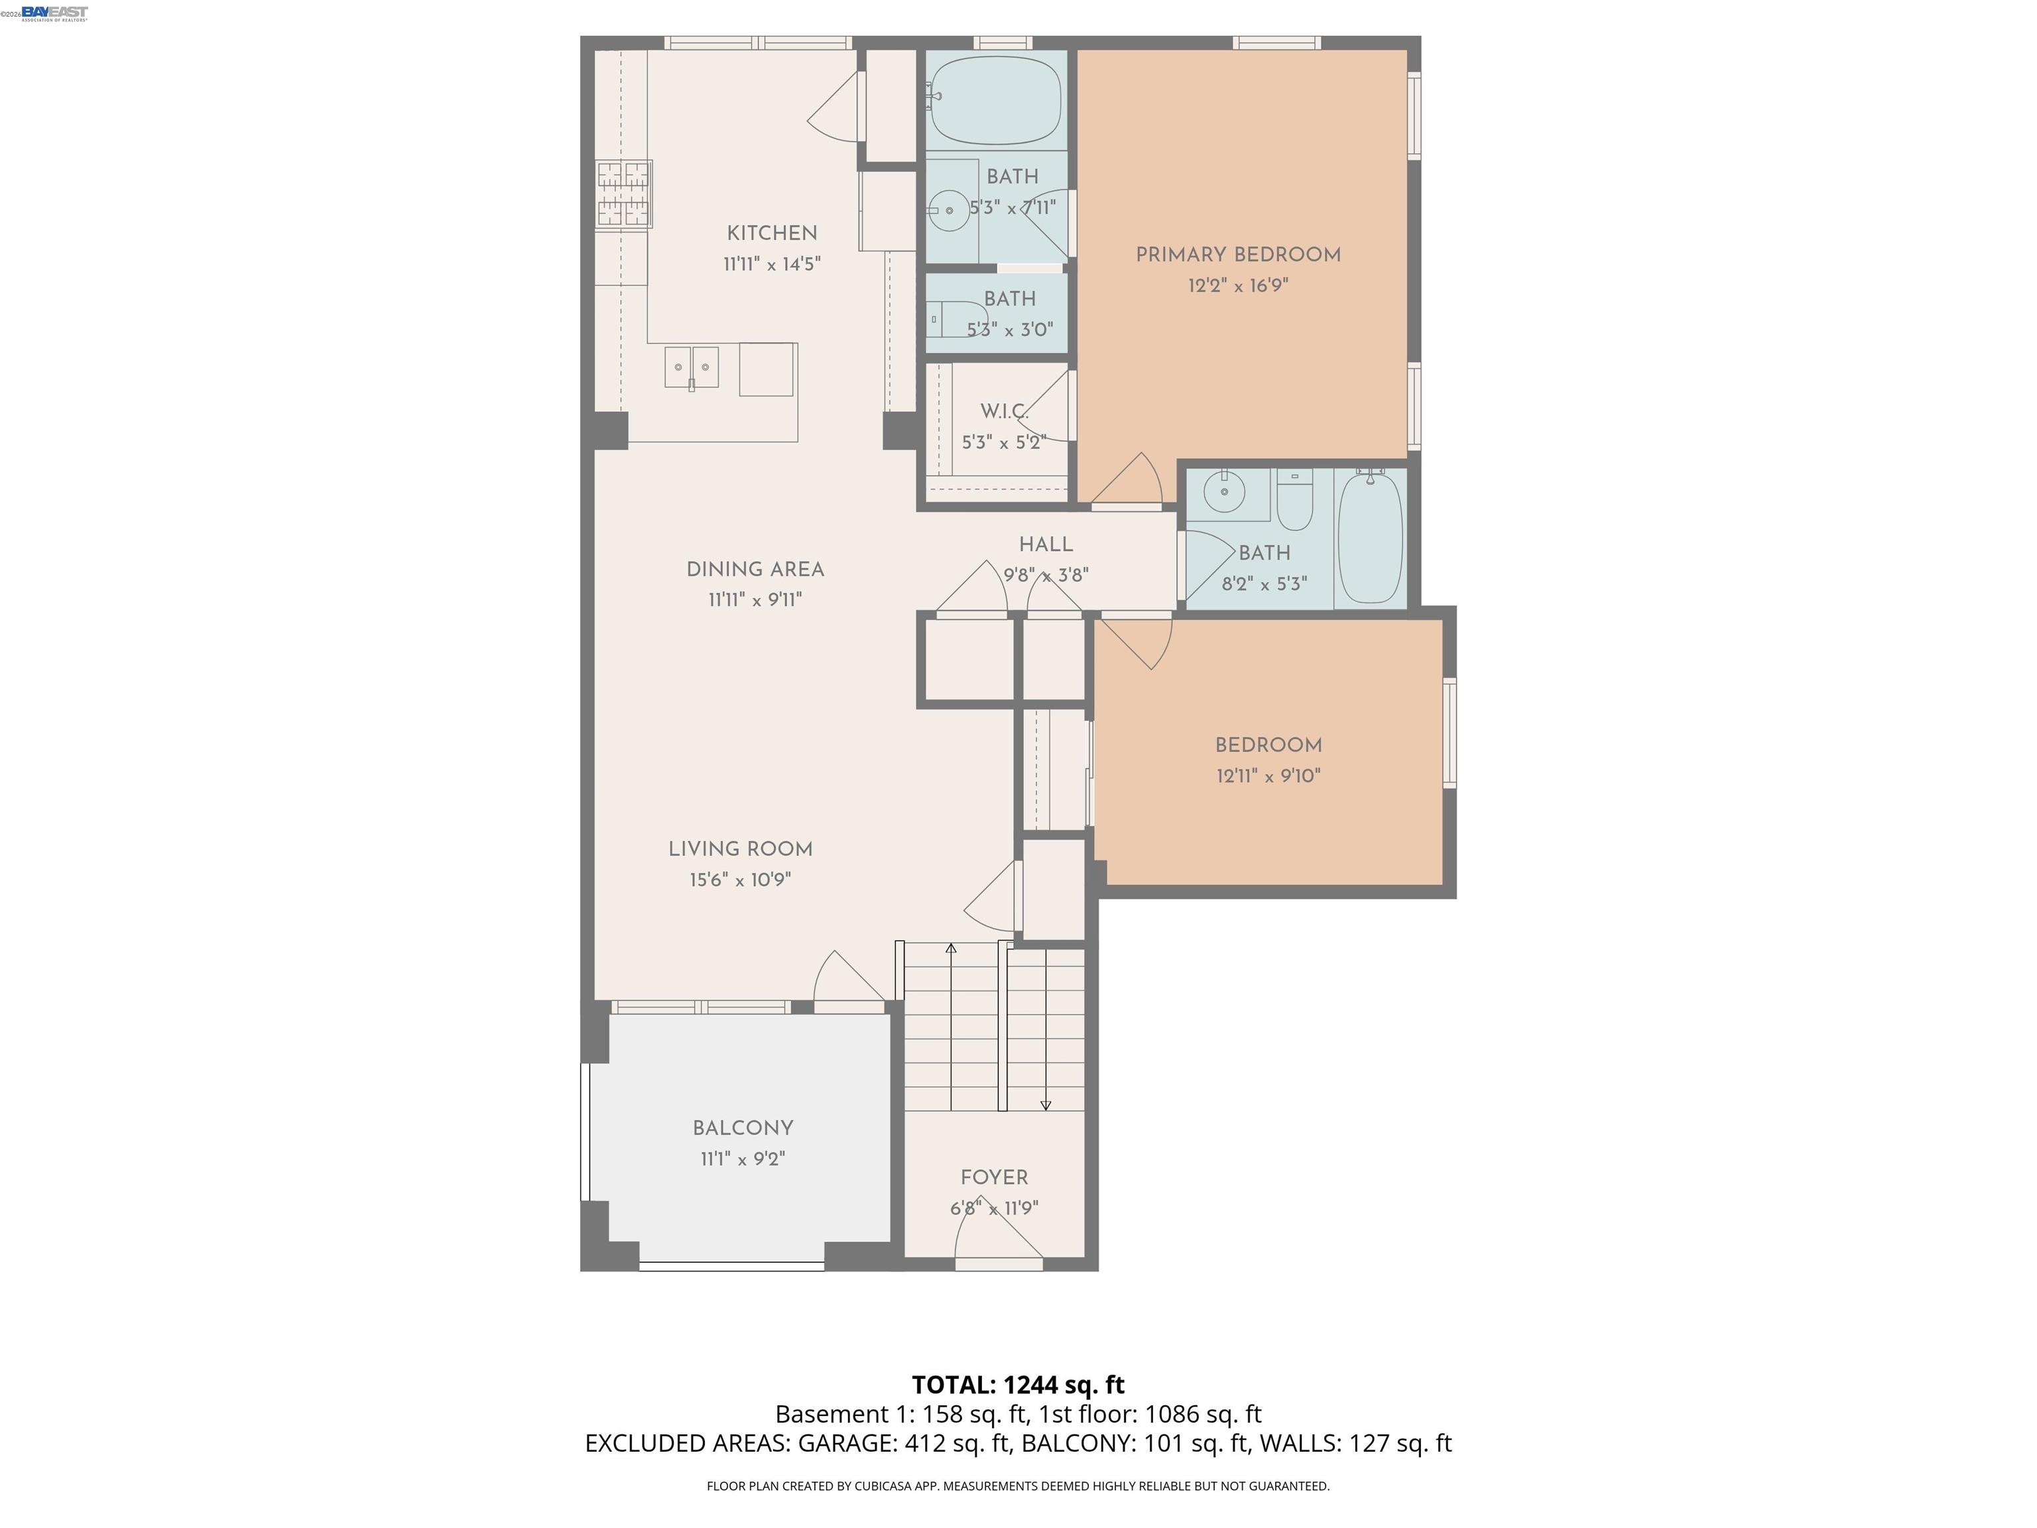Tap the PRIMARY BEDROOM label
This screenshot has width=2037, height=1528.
click(x=1238, y=255)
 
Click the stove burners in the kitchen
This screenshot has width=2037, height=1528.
click(x=625, y=194)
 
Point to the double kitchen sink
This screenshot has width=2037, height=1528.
click(x=692, y=367)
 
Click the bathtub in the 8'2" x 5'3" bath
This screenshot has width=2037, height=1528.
click(x=1371, y=538)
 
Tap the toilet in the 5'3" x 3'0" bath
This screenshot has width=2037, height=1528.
click(x=953, y=319)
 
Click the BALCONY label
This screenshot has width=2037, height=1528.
click(x=742, y=1128)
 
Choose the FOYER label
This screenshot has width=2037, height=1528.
click(x=994, y=1177)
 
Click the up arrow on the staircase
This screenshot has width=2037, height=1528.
click(x=952, y=948)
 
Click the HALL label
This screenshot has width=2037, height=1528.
click(x=1045, y=544)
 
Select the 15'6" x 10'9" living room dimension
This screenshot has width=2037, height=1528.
click(x=741, y=879)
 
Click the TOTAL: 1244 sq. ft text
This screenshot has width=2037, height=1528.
click(x=1018, y=1384)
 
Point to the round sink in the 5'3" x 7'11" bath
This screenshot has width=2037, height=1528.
click(x=948, y=211)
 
